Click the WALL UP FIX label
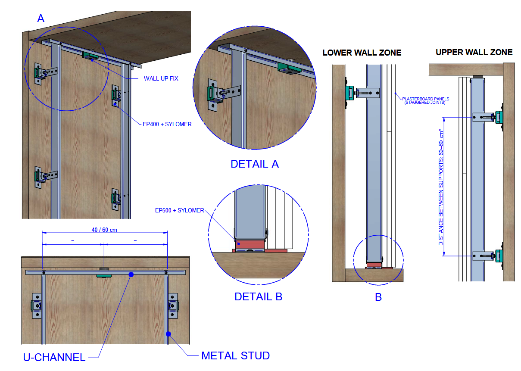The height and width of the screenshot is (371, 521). click(x=161, y=78)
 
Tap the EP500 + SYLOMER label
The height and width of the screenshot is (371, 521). click(x=179, y=210)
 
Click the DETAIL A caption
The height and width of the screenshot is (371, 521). click(x=254, y=164)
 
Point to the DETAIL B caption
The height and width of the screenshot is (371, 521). click(x=258, y=296)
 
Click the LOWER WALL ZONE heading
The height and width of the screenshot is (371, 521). click(x=362, y=53)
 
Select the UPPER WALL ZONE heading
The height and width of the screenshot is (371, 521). click(x=474, y=52)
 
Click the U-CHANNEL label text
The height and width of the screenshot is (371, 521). click(x=54, y=357)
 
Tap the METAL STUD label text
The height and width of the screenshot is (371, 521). click(x=235, y=356)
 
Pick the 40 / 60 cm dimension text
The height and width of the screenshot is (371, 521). click(x=104, y=230)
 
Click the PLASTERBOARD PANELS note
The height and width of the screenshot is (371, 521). click(x=426, y=100)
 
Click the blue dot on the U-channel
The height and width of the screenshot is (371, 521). click(x=131, y=274)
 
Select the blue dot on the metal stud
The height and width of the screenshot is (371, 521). click(x=169, y=334)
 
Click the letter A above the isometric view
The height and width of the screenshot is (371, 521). click(x=41, y=19)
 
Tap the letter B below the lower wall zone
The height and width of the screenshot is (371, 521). click(x=378, y=297)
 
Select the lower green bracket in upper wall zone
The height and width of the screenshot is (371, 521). click(x=499, y=256)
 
